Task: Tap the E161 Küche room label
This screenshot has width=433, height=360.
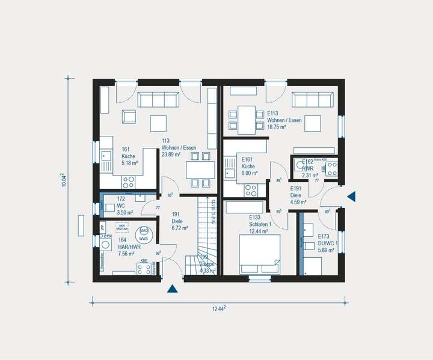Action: [x=250, y=169]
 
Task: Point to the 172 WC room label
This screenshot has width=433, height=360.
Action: [x=125, y=206]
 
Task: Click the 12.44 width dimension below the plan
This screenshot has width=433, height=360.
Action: [x=218, y=308]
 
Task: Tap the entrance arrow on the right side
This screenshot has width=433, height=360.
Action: [x=352, y=196]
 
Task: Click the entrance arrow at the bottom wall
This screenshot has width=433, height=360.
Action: [x=173, y=289]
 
